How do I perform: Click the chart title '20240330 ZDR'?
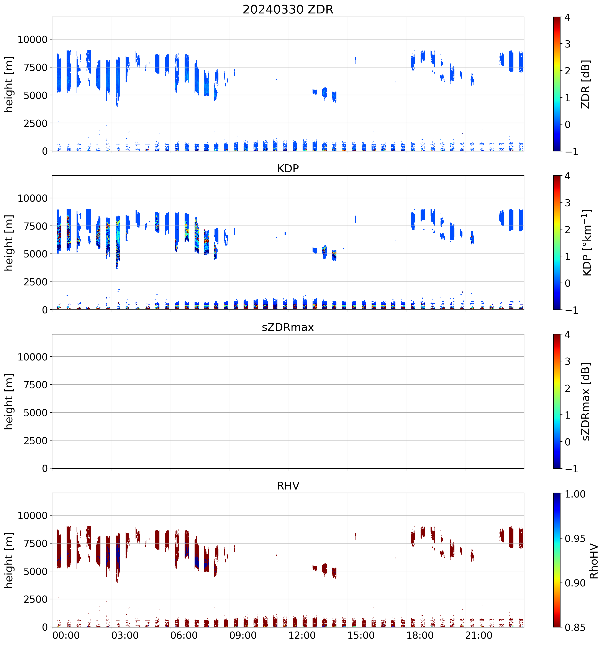(288, 9)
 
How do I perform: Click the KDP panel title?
(288, 168)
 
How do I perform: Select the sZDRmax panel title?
(288, 327)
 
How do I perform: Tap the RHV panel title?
(288, 486)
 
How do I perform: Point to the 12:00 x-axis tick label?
(302, 635)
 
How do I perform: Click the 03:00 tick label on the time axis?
(125, 635)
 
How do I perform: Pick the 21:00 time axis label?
(479, 635)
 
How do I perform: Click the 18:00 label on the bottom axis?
(420, 635)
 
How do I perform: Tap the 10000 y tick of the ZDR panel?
(33, 40)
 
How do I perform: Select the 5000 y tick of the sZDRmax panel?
(36, 413)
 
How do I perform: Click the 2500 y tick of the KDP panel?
(36, 282)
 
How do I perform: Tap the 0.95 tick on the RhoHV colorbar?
(575, 539)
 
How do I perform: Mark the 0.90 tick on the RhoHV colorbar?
(575, 583)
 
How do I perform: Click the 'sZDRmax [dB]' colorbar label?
(585, 401)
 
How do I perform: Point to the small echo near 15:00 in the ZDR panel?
(356, 60)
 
